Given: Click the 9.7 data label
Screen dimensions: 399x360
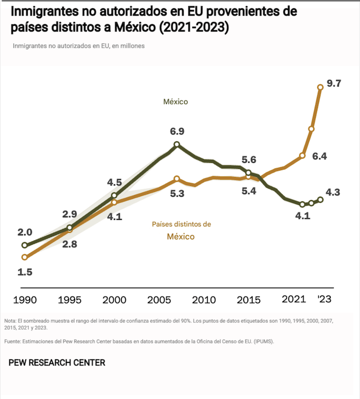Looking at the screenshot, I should pos(334,84).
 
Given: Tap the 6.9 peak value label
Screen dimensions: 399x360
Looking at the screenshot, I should pos(177,132).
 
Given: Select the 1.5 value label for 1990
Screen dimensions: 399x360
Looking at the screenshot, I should pos(25,272).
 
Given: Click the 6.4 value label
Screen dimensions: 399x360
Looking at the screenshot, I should pos(320,156).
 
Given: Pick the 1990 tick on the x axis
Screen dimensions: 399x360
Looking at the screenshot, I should pos(25,300).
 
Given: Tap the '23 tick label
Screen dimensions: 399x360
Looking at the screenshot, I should pos(325,300).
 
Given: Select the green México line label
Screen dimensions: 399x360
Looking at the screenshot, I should pos(176,102).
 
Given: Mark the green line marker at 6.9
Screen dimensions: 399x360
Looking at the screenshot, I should pos(177,145).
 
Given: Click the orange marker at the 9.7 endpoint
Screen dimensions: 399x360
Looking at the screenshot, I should pos(320,87).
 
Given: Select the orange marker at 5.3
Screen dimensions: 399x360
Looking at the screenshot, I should pos(177,179).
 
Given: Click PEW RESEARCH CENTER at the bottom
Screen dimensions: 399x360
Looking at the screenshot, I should pos(57,363).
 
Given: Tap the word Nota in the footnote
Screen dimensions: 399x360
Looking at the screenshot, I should pos(10,320).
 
